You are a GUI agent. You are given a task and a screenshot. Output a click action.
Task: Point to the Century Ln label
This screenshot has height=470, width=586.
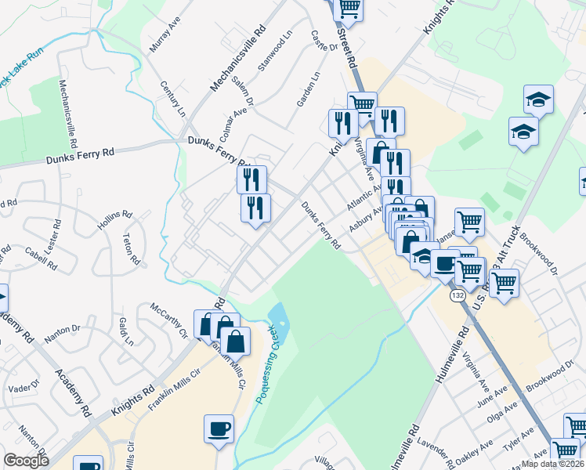click(172, 97)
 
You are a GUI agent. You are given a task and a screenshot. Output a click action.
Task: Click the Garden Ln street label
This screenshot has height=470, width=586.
click(309, 89)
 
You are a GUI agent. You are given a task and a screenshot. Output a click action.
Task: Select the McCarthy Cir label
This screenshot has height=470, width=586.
click(170, 320)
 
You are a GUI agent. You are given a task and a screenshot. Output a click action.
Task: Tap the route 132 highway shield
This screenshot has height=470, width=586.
click(457, 297)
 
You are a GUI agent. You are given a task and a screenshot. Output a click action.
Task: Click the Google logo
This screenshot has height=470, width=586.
click(26, 461)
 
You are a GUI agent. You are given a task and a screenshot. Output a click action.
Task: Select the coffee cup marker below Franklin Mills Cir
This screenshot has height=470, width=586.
click(219, 429)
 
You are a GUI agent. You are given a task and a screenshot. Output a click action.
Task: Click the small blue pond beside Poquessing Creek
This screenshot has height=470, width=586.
click(278, 317)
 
